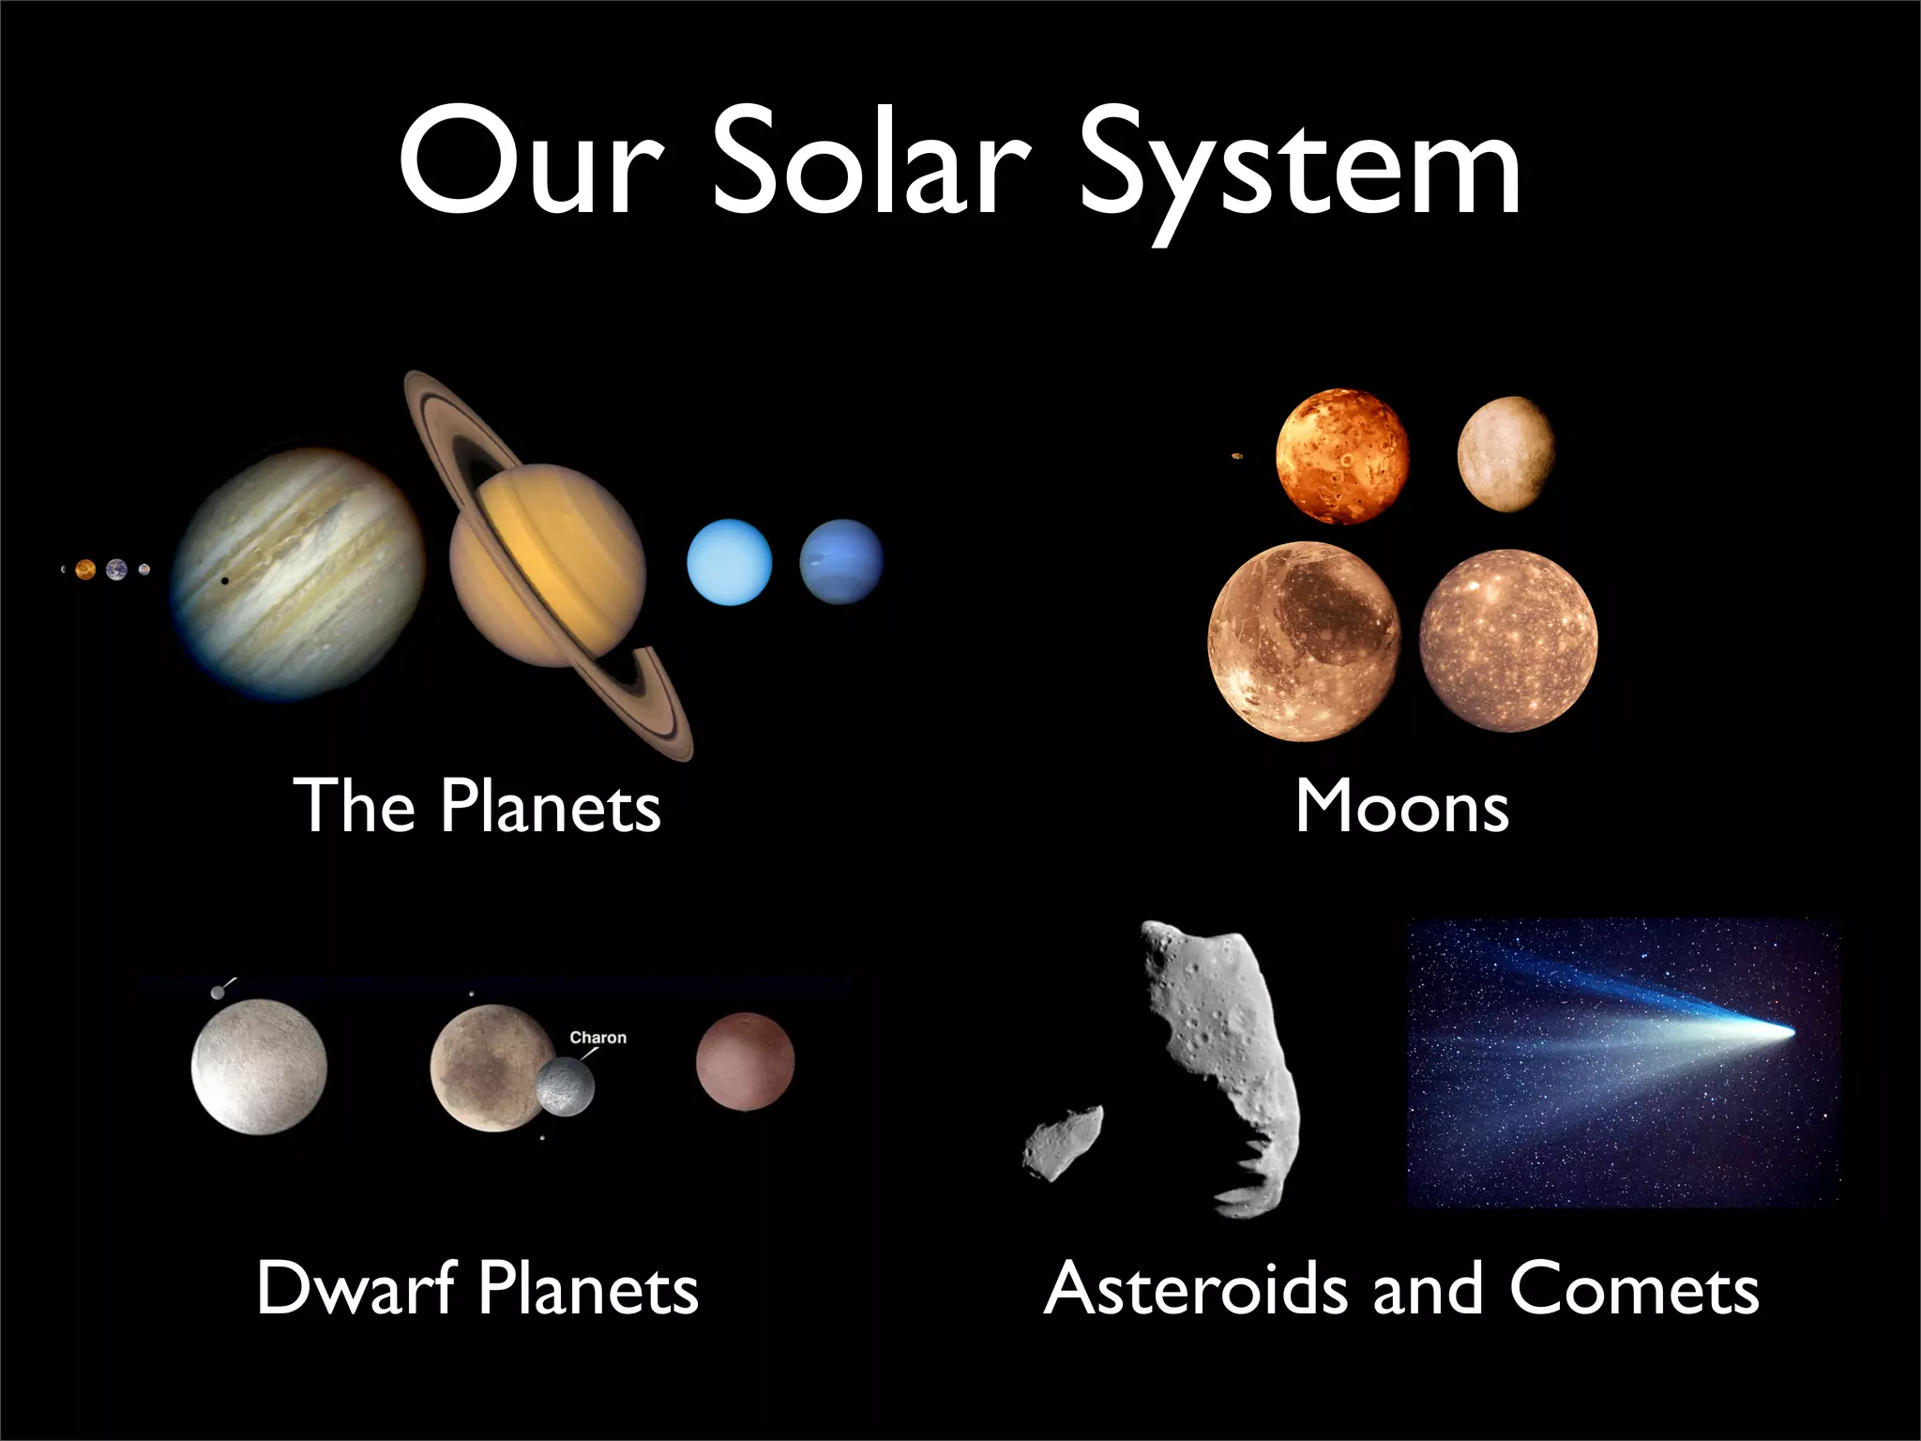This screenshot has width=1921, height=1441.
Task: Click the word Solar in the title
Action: (x=871, y=165)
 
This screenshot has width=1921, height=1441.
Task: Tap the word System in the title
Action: (x=1300, y=169)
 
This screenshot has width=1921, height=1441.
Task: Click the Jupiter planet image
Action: (x=298, y=574)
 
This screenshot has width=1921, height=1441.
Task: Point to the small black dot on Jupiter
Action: (x=223, y=581)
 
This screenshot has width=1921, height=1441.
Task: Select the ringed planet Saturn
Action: (x=548, y=566)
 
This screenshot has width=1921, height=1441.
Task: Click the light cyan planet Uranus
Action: (x=729, y=562)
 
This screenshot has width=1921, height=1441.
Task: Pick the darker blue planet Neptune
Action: (x=841, y=561)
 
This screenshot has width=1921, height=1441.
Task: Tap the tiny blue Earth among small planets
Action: (x=116, y=569)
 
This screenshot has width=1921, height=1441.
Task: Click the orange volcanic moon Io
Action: (x=1342, y=456)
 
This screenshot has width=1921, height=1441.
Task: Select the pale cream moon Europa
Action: (x=1505, y=454)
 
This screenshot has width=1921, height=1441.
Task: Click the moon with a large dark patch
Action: (x=1304, y=642)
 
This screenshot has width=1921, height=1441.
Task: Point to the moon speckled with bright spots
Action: (x=1508, y=641)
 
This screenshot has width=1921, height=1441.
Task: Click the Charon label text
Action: (x=597, y=1038)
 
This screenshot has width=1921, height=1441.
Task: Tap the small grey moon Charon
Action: (x=566, y=1087)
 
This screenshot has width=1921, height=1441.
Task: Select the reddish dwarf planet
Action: (x=745, y=1062)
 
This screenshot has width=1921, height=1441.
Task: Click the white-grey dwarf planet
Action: (x=259, y=1067)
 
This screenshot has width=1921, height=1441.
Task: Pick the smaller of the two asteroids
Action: (x=1063, y=1142)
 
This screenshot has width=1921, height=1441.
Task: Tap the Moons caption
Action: (x=1401, y=807)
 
